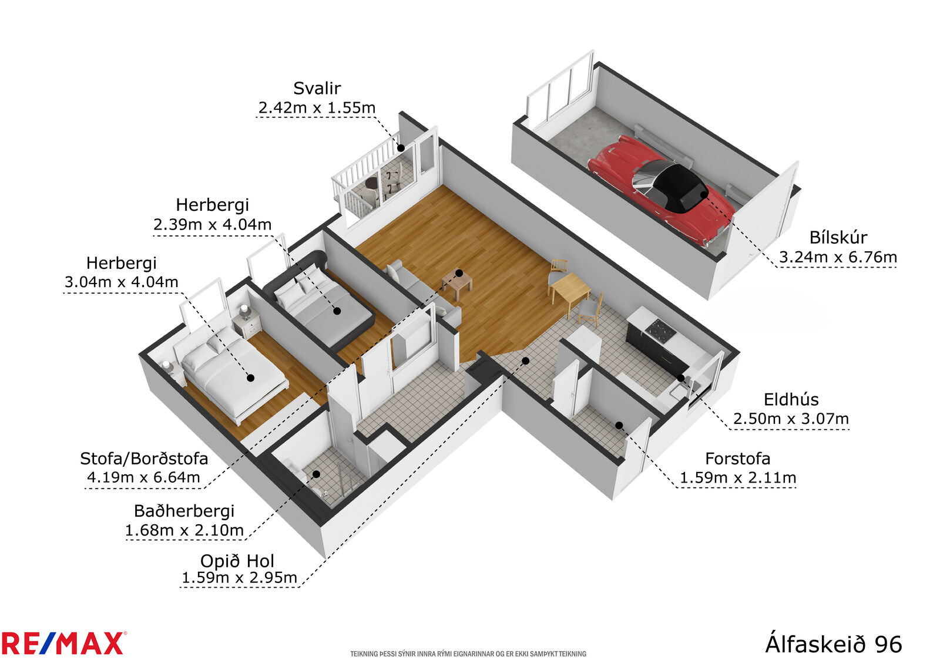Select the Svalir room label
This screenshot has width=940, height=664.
coord(317,88)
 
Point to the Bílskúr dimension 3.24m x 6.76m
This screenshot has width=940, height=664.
coord(838,257)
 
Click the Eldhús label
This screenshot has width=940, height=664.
coord(791,400)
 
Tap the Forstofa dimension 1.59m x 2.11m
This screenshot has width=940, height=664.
coord(738,477)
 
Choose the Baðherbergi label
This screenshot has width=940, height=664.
coord(184,511)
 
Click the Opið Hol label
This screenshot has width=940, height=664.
coord(237,561)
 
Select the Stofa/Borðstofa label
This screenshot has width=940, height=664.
coord(144,459)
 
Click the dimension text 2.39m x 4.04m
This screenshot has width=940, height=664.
coord(212,224)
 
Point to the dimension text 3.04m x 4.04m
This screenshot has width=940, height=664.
coord(121,281)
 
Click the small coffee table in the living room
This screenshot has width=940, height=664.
coord(456,284)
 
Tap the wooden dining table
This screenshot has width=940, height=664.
coord(570,290)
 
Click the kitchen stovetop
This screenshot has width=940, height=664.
coord(660,329)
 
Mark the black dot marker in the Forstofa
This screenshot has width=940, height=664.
coord(619,425)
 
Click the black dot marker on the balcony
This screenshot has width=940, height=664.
coord(401,148)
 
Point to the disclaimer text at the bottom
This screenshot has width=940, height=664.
coord(468,653)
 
